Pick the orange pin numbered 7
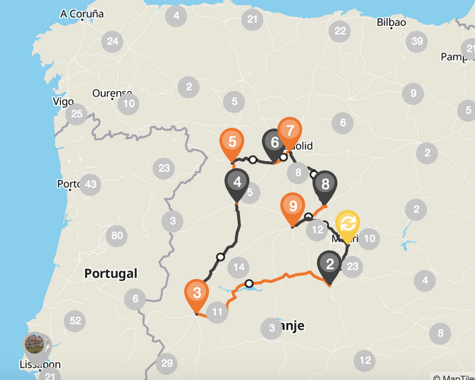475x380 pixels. coord(289,131)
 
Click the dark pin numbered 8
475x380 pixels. coord(325,184)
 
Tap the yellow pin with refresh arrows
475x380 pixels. coord(348,223)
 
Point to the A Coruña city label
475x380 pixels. coord(81,14)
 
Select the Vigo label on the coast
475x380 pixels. coord(63,101)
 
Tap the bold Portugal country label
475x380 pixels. coord(110,273)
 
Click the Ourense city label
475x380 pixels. coord(112,93)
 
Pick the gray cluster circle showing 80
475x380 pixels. coord(116,236)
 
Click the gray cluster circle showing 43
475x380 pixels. coord(90,184)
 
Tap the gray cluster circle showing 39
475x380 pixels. coord(416,42)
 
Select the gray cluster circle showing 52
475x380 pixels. coord(74,321)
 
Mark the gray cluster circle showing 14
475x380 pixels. coord(239,267)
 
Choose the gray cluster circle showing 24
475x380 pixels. coord(113,41)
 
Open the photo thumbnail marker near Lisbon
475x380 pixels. coord(35,344)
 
